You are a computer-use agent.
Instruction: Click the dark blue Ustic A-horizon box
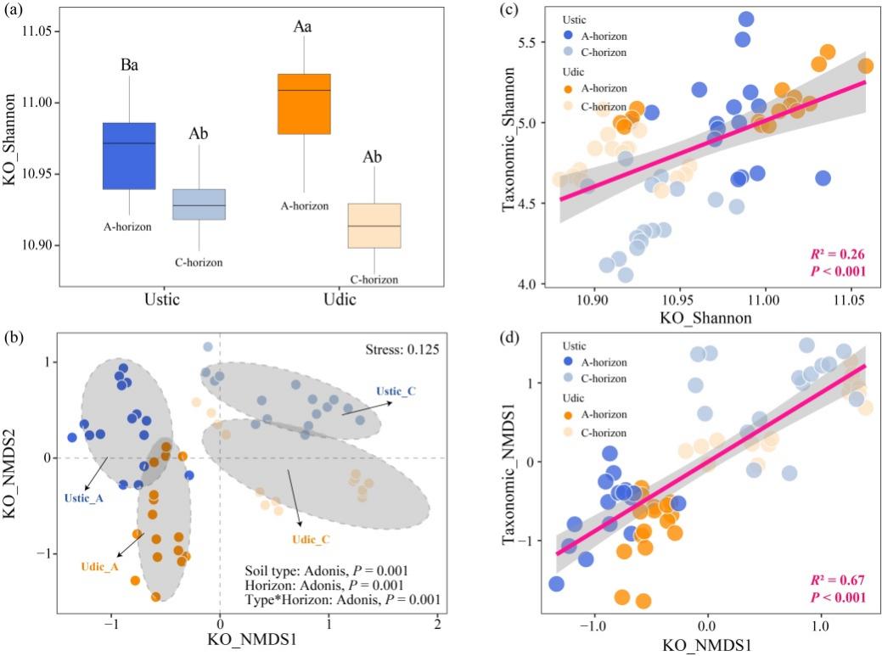pos(129,156)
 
